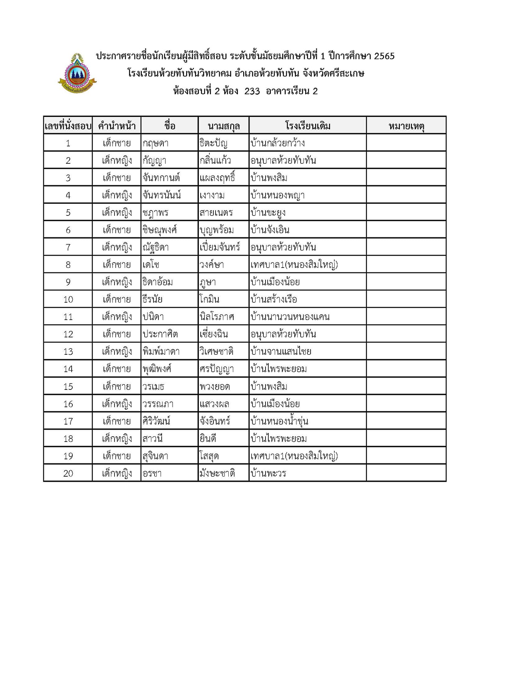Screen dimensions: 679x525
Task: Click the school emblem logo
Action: [x=77, y=73]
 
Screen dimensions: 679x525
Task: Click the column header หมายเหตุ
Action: [x=406, y=126]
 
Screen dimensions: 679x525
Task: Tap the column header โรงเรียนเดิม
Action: [x=308, y=126]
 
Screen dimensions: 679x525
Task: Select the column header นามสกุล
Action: [x=224, y=126]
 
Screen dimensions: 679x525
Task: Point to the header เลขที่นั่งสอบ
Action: [x=68, y=126]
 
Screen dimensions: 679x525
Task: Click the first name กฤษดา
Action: [x=155, y=143]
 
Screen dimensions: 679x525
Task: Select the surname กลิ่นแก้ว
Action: [x=215, y=161]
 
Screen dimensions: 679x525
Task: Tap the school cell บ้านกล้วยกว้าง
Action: [x=278, y=143]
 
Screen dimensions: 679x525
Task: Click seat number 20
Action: [x=68, y=473]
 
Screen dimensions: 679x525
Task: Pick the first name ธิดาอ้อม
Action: [x=157, y=282]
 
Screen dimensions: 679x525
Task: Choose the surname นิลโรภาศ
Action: [x=217, y=317]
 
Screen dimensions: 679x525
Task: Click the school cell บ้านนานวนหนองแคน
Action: [x=290, y=317]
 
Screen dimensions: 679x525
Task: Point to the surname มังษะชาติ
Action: [x=217, y=473]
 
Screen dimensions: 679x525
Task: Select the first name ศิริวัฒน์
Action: [x=156, y=421]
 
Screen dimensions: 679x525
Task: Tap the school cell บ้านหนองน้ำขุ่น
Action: [x=279, y=421]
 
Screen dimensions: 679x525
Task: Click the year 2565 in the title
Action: [x=384, y=56]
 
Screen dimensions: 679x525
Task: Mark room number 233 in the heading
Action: [x=252, y=91]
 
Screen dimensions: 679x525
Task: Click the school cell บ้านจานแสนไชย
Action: [x=281, y=352]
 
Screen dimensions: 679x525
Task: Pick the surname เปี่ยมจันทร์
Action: [x=220, y=247]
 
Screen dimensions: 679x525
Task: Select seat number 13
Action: [x=68, y=352]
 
